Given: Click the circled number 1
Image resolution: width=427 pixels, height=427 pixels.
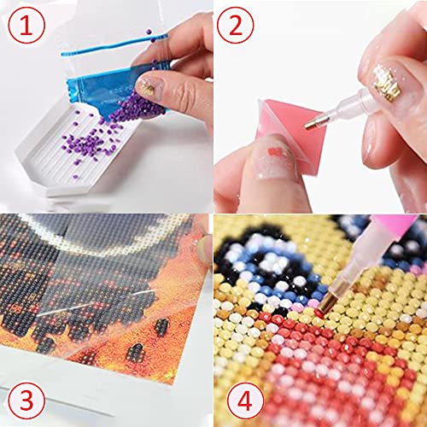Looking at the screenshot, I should (28, 28).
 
